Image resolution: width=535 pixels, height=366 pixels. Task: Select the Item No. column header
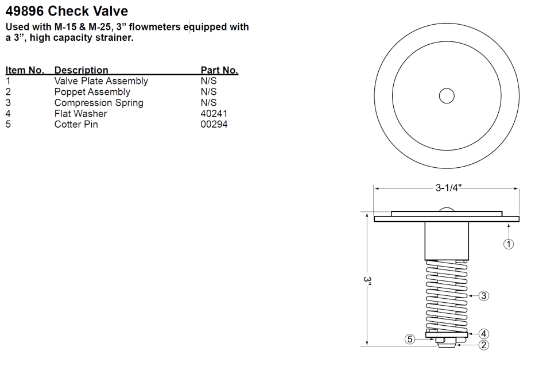25,71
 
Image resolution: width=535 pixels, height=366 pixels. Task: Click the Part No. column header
219,71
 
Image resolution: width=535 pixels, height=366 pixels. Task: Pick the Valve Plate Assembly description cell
101,81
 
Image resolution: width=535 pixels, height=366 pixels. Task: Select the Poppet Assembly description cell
92,92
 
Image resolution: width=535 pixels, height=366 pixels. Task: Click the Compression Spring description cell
99,103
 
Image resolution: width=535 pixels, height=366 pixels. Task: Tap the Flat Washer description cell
80,114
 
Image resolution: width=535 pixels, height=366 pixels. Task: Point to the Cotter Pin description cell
76,124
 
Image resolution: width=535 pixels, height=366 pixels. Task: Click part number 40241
214,114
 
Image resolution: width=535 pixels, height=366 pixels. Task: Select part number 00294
214,124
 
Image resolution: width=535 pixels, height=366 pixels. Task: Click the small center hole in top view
447,96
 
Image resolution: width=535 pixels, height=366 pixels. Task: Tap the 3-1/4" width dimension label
447,188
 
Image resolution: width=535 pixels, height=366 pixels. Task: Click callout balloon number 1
509,244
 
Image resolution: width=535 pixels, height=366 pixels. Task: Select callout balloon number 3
484,295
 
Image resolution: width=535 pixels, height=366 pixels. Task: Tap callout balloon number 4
484,334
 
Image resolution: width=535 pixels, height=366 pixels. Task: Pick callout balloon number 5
410,339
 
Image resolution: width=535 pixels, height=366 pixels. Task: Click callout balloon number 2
484,345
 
